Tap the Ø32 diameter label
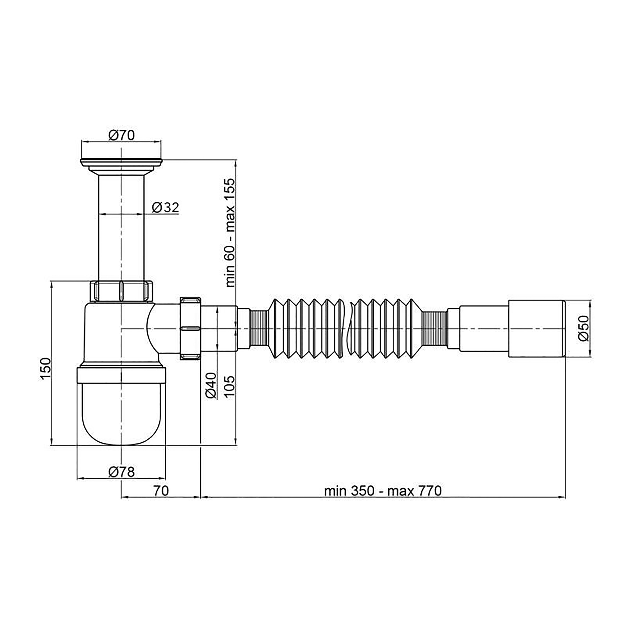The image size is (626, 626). tap(165, 207)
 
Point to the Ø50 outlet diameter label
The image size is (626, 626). tap(583, 328)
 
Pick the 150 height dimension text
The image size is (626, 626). tap(45, 369)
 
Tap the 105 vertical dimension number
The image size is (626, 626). tap(229, 387)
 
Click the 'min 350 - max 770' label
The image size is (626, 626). tap(383, 491)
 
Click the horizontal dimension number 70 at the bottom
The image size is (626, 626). tap(161, 491)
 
